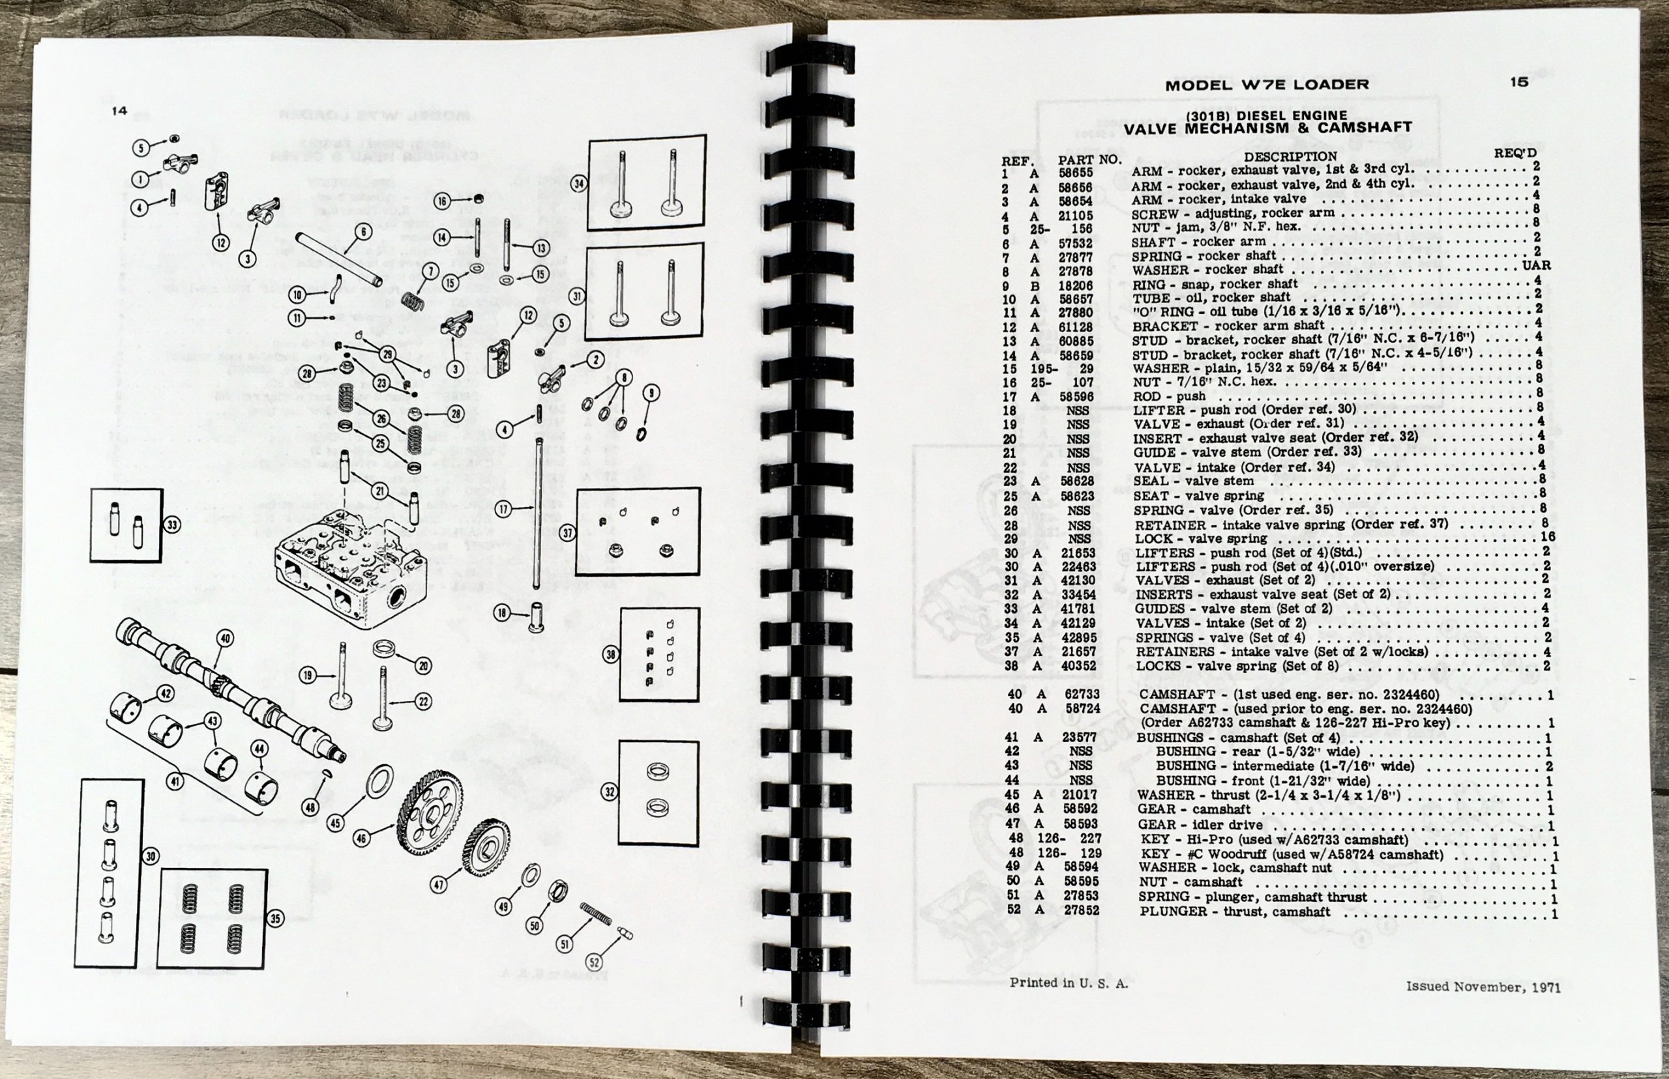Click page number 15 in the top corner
click(1519, 82)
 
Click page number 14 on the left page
click(119, 111)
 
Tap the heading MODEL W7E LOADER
click(1267, 85)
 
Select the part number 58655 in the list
click(1075, 171)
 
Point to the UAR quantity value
click(1536, 266)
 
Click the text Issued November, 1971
click(1483, 987)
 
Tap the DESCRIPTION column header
click(1290, 157)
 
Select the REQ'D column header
click(1514, 152)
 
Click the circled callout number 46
click(362, 837)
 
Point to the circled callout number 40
click(225, 639)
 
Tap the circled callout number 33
click(171, 524)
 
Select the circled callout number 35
click(276, 919)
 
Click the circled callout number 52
click(595, 961)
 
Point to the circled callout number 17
click(503, 510)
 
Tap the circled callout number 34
click(579, 184)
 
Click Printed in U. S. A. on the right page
click(1069, 983)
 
